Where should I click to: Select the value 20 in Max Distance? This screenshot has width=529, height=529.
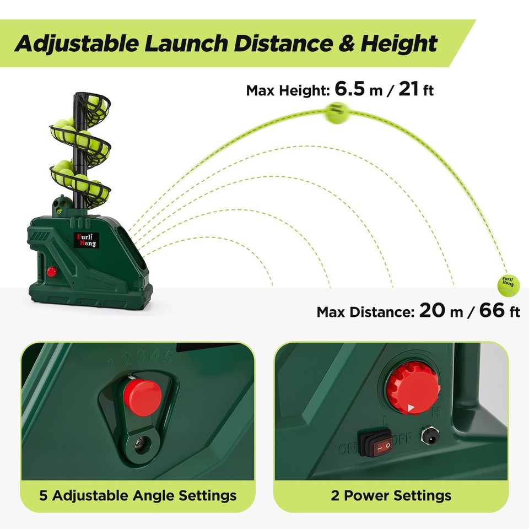click(433, 311)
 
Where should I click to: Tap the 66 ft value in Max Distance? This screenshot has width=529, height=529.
click(499, 311)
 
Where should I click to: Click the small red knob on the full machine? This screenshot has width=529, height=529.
click(52, 271)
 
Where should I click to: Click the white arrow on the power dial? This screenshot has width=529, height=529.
click(411, 408)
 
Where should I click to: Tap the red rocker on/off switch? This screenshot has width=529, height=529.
click(377, 444)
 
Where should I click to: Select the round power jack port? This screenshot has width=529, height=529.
click(429, 437)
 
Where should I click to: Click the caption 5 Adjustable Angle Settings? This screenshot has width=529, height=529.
click(138, 495)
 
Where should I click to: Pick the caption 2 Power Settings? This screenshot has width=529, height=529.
click(391, 495)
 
